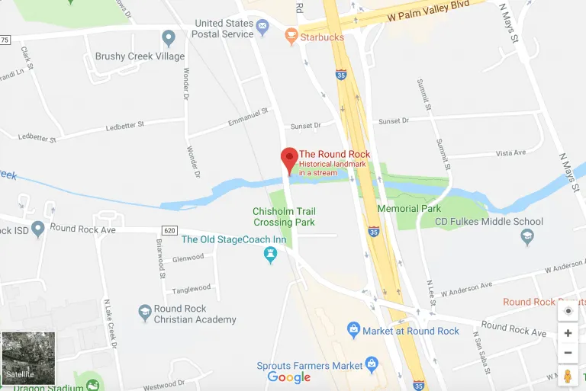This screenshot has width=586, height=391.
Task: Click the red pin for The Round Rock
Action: (x=289, y=159)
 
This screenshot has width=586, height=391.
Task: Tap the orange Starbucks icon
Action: (x=291, y=35)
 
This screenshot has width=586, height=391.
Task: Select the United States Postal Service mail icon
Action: (x=262, y=28)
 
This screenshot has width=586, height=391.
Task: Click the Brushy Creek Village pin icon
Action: (x=169, y=37)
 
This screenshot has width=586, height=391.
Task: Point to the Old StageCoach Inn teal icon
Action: (x=269, y=256)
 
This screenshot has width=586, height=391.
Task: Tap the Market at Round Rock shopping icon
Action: (x=353, y=330)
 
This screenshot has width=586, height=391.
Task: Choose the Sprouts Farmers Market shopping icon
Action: (x=372, y=364)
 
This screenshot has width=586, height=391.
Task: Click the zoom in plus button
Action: (x=568, y=333)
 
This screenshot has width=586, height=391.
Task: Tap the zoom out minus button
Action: (x=568, y=353)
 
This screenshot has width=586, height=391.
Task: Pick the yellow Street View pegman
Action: (x=568, y=377)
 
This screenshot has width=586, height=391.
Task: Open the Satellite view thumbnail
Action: (x=29, y=357)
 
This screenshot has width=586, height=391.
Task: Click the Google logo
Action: (x=289, y=377)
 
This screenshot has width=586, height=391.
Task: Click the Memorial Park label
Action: (x=409, y=208)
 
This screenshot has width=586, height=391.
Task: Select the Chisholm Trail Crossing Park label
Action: (x=284, y=216)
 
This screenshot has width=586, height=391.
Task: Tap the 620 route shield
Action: (x=169, y=229)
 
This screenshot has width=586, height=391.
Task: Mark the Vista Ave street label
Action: (x=510, y=153)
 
